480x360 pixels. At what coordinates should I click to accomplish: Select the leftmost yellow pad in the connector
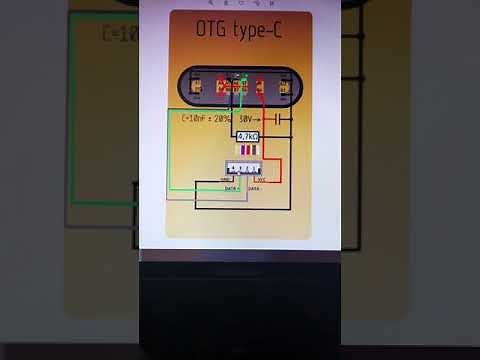(197, 86)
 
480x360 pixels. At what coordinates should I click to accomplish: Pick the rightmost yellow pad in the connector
(285, 86)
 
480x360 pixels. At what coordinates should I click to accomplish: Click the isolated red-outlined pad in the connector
(258, 86)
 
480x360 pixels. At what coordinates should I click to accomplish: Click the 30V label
(245, 119)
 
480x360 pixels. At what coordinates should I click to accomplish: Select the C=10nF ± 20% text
(206, 119)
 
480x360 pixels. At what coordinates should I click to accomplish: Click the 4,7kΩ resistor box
(247, 135)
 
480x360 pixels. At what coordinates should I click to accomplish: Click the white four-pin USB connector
(243, 169)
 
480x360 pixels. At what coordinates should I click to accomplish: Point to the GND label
(226, 180)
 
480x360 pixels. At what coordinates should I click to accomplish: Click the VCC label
(258, 180)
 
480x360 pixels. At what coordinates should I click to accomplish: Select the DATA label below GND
(231, 187)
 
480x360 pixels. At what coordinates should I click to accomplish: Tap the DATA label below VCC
(254, 187)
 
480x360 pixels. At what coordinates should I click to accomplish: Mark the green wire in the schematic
(169, 150)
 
